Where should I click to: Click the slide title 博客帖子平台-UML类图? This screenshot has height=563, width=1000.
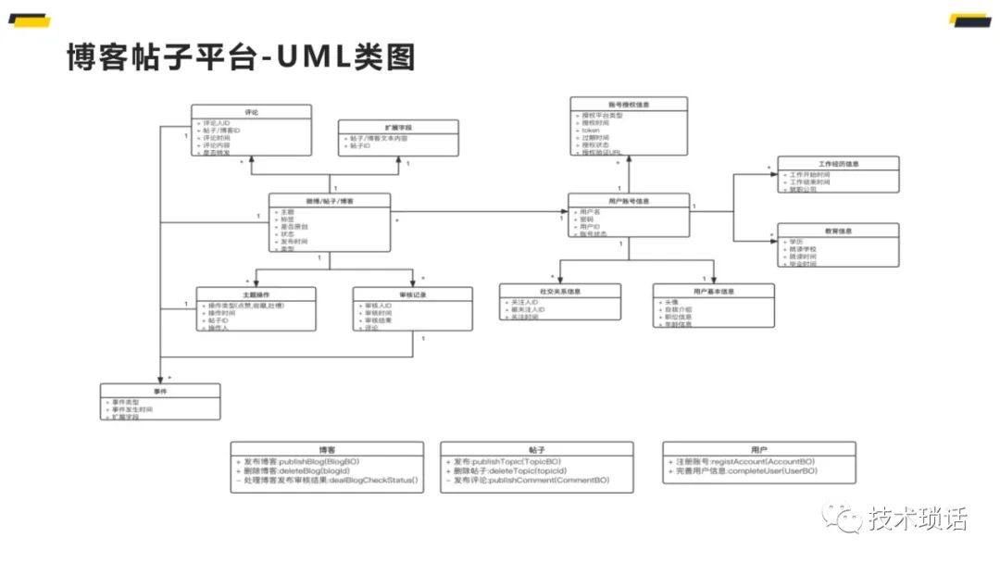click(241, 56)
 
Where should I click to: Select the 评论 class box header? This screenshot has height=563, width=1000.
click(251, 112)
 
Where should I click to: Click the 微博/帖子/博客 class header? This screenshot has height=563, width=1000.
click(330, 200)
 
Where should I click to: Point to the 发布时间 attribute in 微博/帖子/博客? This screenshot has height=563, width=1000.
click(295, 241)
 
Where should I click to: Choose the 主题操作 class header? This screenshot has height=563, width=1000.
click(256, 294)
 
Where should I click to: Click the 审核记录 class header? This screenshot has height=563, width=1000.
click(412, 294)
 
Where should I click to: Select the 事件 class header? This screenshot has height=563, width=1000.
click(160, 391)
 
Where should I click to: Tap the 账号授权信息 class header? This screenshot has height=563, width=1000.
click(628, 105)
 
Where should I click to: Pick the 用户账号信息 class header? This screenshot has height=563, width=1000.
click(628, 200)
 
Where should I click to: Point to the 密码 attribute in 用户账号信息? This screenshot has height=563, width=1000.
click(586, 219)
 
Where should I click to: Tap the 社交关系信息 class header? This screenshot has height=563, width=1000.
click(560, 291)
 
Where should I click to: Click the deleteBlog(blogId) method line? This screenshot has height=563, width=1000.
click(301, 470)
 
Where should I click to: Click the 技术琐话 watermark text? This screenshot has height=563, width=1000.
click(917, 519)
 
